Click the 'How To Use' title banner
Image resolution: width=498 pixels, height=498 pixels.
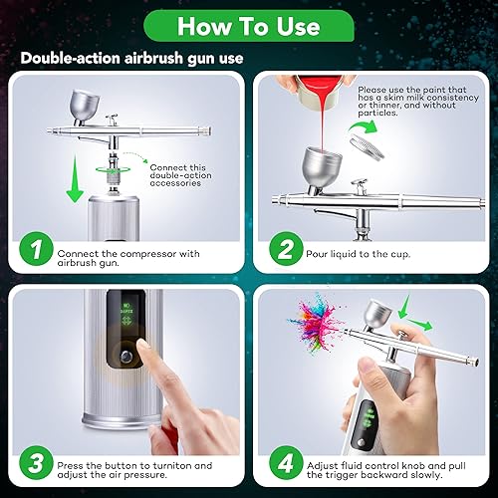click(248, 24)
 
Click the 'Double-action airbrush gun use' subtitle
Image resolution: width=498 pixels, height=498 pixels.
click(129, 59)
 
